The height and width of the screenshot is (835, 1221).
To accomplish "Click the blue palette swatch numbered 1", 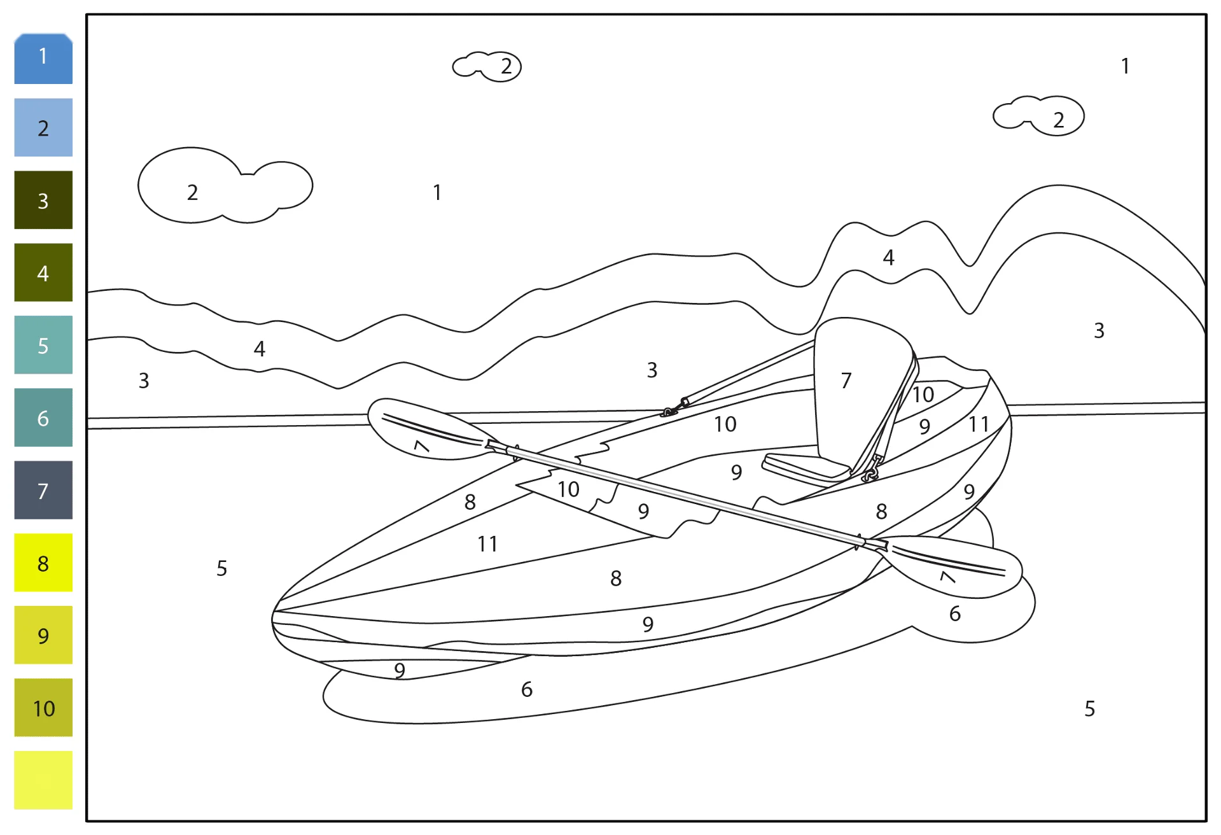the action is pyautogui.click(x=43, y=59).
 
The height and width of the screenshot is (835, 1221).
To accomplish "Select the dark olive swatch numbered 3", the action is pyautogui.click(x=43, y=200).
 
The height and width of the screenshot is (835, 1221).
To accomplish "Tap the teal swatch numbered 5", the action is pyautogui.click(x=43, y=345).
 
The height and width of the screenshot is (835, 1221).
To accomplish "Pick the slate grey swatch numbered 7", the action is pyautogui.click(x=43, y=490).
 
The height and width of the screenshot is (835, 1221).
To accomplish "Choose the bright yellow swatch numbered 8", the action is pyautogui.click(x=43, y=563).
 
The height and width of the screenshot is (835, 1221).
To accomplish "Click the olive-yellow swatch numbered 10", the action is pyautogui.click(x=43, y=708).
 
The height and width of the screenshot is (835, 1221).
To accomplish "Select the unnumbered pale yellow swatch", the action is pyautogui.click(x=43, y=780).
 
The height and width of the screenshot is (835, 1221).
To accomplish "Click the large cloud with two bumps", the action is pyautogui.click(x=225, y=186).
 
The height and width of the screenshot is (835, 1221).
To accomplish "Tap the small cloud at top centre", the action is pyautogui.click(x=487, y=67).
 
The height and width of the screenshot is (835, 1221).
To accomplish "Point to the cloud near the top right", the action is pyautogui.click(x=1038, y=116).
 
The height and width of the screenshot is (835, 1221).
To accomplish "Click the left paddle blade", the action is pyautogui.click(x=426, y=429).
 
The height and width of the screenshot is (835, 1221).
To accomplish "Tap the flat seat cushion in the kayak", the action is pyautogui.click(x=806, y=468).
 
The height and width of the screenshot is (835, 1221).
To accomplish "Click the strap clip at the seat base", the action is pyautogui.click(x=872, y=468).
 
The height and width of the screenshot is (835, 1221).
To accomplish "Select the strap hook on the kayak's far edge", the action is pyautogui.click(x=674, y=408).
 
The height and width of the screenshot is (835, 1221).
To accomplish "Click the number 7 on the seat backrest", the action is pyautogui.click(x=846, y=381).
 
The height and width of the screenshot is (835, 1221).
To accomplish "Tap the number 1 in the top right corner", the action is pyautogui.click(x=1125, y=66).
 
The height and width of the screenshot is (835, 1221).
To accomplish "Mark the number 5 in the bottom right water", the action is pyautogui.click(x=1089, y=708).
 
